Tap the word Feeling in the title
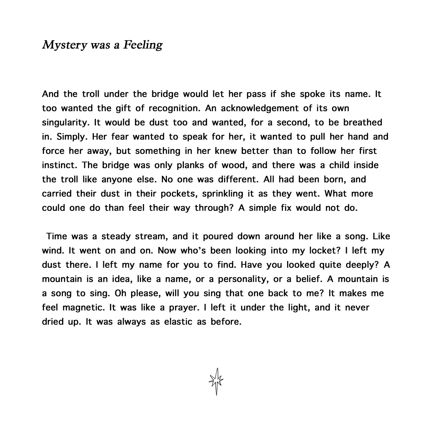tap(143, 45)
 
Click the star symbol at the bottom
tap(216, 381)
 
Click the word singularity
tap(65, 123)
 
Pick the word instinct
tap(60, 165)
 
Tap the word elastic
tap(179, 322)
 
